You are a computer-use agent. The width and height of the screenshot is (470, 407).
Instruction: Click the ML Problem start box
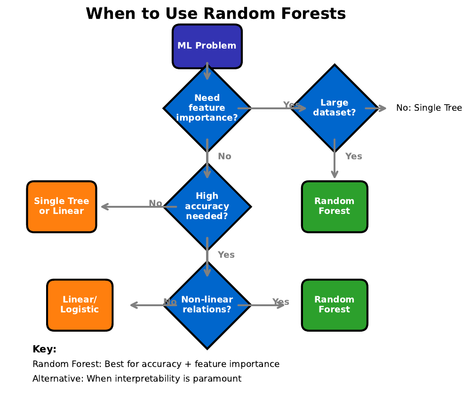(207, 46)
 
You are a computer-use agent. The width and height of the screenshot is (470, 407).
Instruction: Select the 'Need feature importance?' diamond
(207, 108)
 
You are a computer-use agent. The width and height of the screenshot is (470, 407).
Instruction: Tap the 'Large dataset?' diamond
(334, 108)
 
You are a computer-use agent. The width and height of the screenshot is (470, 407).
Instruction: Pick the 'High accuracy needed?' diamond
(207, 206)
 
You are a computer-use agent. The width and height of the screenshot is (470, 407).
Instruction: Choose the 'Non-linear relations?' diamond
(207, 305)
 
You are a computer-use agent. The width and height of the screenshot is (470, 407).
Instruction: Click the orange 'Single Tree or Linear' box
(62, 206)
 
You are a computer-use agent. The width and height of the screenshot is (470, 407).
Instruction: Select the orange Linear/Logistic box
(80, 305)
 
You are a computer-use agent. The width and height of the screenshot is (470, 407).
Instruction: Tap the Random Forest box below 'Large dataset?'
(334, 206)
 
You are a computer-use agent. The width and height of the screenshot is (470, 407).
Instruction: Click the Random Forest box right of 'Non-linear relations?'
(334, 305)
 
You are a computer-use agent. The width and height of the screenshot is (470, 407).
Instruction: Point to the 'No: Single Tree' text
(429, 108)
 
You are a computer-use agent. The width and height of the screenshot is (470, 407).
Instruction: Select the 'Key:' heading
(44, 349)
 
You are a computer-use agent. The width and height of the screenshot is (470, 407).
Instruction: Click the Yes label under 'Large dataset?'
(353, 156)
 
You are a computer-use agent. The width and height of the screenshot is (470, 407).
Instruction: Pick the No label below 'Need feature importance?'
(224, 156)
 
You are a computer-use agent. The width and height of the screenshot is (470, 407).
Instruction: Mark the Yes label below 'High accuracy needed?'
(226, 254)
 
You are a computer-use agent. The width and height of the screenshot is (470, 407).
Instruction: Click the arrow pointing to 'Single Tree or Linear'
(127, 206)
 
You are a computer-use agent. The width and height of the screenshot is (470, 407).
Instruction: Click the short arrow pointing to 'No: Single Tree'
(375, 108)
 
